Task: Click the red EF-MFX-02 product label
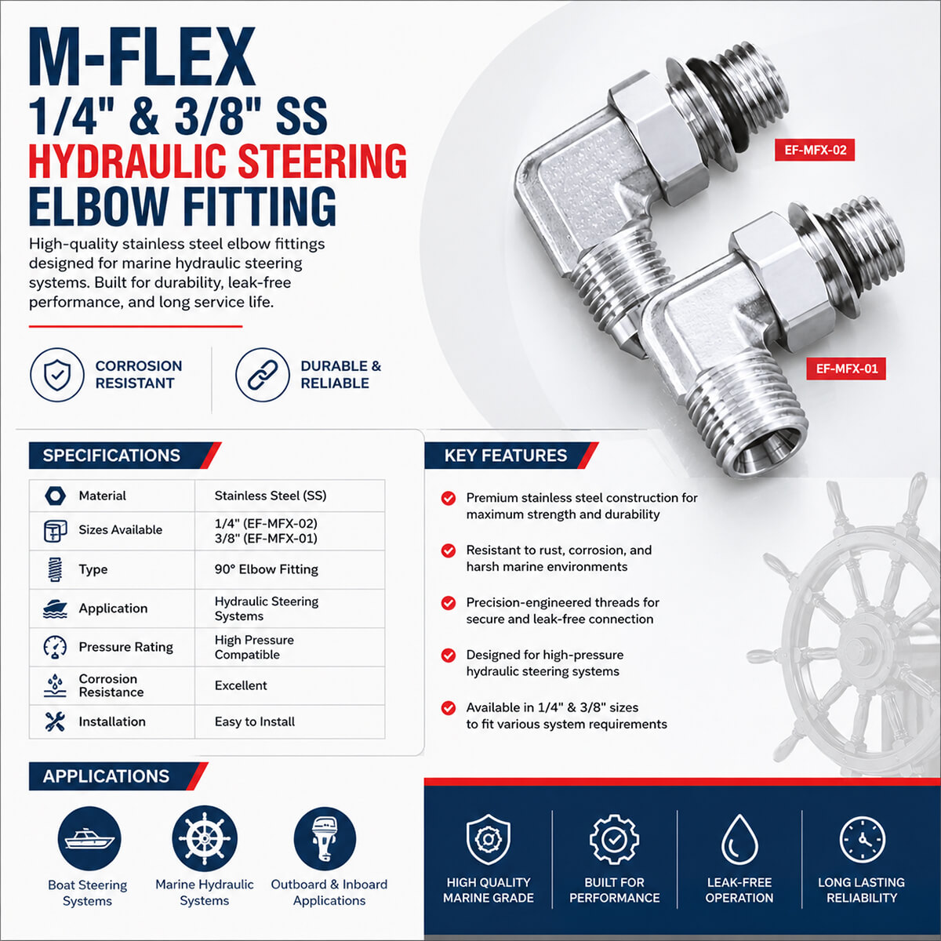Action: tap(815, 150)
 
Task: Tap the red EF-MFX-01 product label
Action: tap(846, 369)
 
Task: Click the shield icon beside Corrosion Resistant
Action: tap(57, 375)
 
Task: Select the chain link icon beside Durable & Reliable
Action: tap(262, 375)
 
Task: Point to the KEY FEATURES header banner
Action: tap(511, 455)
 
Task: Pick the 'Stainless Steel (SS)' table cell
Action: tap(271, 496)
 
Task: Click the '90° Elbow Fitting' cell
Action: tap(266, 569)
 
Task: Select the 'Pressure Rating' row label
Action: tap(126, 646)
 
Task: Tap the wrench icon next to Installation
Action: tap(55, 721)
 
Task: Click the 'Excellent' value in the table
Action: tap(241, 685)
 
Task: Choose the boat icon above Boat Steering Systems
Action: tap(89, 838)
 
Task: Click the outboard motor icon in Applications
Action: tap(325, 838)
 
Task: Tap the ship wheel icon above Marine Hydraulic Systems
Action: tap(205, 838)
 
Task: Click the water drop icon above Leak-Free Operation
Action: tap(739, 839)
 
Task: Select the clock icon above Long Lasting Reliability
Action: tap(862, 839)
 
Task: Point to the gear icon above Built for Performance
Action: tap(614, 839)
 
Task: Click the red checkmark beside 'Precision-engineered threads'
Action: tap(449, 603)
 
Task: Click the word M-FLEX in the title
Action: tap(142, 56)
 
